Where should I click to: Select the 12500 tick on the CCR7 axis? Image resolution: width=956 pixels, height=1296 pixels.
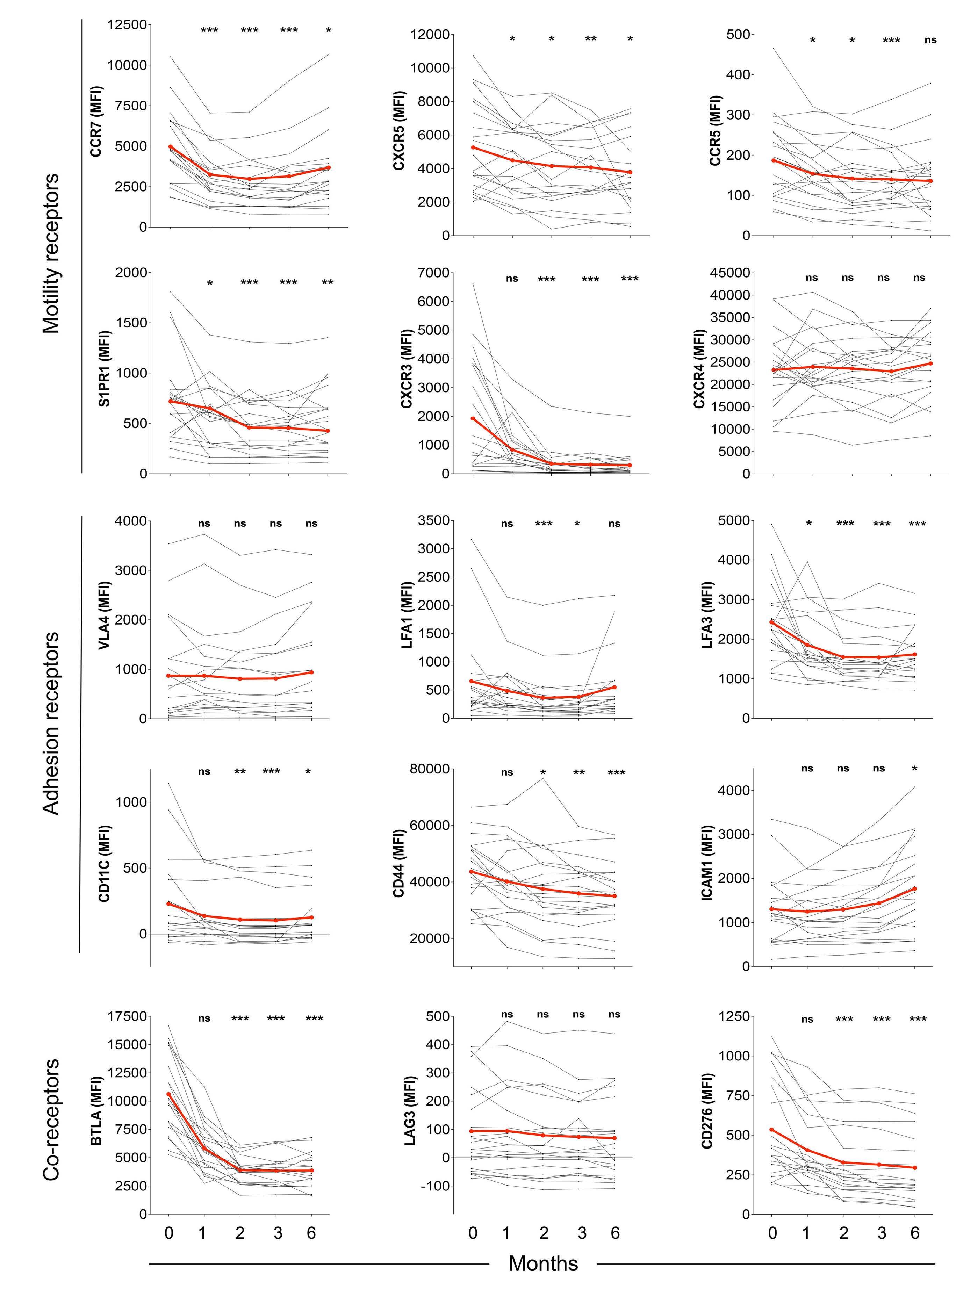click(x=127, y=25)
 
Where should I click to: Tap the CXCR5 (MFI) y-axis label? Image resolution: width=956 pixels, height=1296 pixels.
click(x=399, y=131)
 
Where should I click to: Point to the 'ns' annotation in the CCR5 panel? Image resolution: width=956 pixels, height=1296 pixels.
click(x=930, y=40)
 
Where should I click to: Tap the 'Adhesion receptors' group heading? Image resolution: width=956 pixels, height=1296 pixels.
click(x=51, y=723)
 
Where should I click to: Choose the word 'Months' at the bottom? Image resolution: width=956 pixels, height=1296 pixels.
click(x=543, y=1263)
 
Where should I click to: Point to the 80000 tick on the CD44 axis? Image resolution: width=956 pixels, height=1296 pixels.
click(x=428, y=769)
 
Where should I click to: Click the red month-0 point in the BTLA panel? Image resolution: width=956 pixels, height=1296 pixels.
click(x=168, y=1094)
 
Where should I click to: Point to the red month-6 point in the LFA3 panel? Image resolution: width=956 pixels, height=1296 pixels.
click(x=915, y=654)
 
